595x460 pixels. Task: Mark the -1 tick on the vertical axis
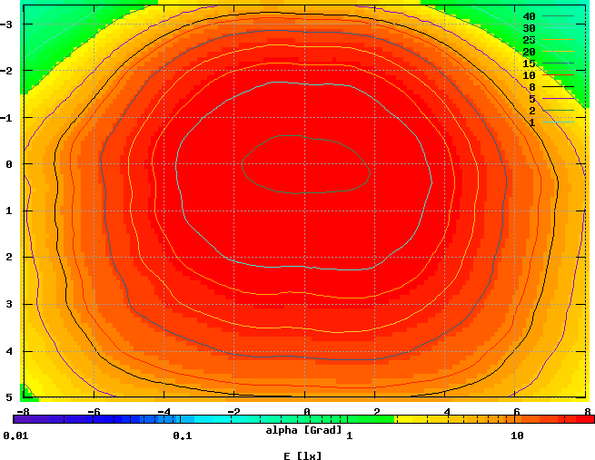tap(9, 117)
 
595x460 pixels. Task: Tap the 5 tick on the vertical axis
tap(9, 397)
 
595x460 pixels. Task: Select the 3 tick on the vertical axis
tap(9, 304)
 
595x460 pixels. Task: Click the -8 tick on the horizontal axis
tap(24, 411)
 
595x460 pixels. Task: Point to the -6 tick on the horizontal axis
tap(92, 411)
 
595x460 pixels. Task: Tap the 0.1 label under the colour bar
tap(182, 436)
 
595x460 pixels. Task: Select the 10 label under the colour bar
tap(517, 436)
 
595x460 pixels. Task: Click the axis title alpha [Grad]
tap(303, 429)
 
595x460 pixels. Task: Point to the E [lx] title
tap(303, 455)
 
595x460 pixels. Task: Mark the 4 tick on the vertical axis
tap(9, 350)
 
